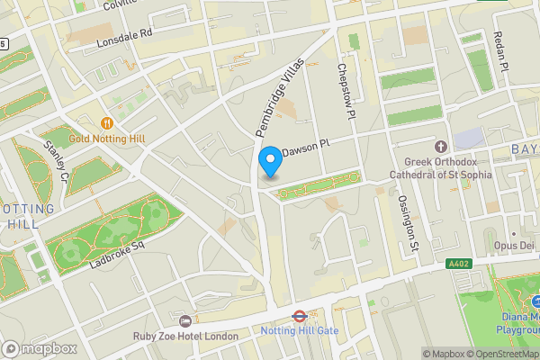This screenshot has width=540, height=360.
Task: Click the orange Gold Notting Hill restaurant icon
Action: pos(106,122)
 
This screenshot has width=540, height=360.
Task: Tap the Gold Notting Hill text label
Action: pos(106,139)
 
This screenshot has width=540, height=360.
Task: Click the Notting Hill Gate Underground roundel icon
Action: pos(299,317)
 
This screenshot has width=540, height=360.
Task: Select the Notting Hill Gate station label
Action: pos(299,331)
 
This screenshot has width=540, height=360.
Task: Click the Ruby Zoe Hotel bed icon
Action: pos(185,321)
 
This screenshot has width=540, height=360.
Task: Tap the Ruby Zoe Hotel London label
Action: pos(185,337)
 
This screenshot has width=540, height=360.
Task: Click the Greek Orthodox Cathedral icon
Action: pos(440,146)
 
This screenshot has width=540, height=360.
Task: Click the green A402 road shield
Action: pos(458,264)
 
